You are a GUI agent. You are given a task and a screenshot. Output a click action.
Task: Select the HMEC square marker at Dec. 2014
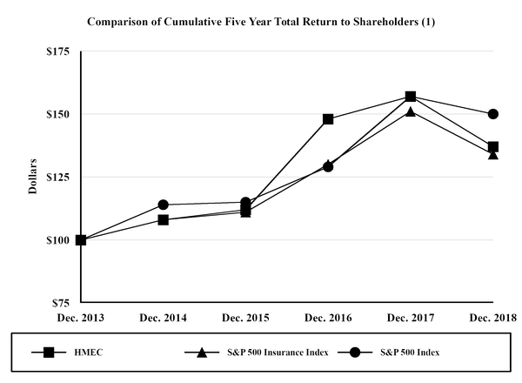pos(163,219)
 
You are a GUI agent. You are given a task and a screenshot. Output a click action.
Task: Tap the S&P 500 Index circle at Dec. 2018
pos(493,114)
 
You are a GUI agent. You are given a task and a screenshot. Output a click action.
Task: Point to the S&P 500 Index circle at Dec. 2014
pos(163,205)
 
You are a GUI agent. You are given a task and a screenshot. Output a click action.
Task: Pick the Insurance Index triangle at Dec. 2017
pos(411,111)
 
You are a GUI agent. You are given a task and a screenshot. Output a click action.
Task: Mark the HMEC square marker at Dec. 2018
pos(493,147)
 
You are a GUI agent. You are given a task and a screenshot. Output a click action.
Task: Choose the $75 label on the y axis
pos(59,303)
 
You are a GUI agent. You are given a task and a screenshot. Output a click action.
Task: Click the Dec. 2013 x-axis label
pos(80,318)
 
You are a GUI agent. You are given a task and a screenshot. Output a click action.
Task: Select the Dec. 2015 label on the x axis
pos(245,318)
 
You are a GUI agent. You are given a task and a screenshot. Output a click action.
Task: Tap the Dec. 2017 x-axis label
pos(411,318)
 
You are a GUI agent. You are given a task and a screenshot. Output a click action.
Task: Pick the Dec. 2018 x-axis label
pos(492,318)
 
